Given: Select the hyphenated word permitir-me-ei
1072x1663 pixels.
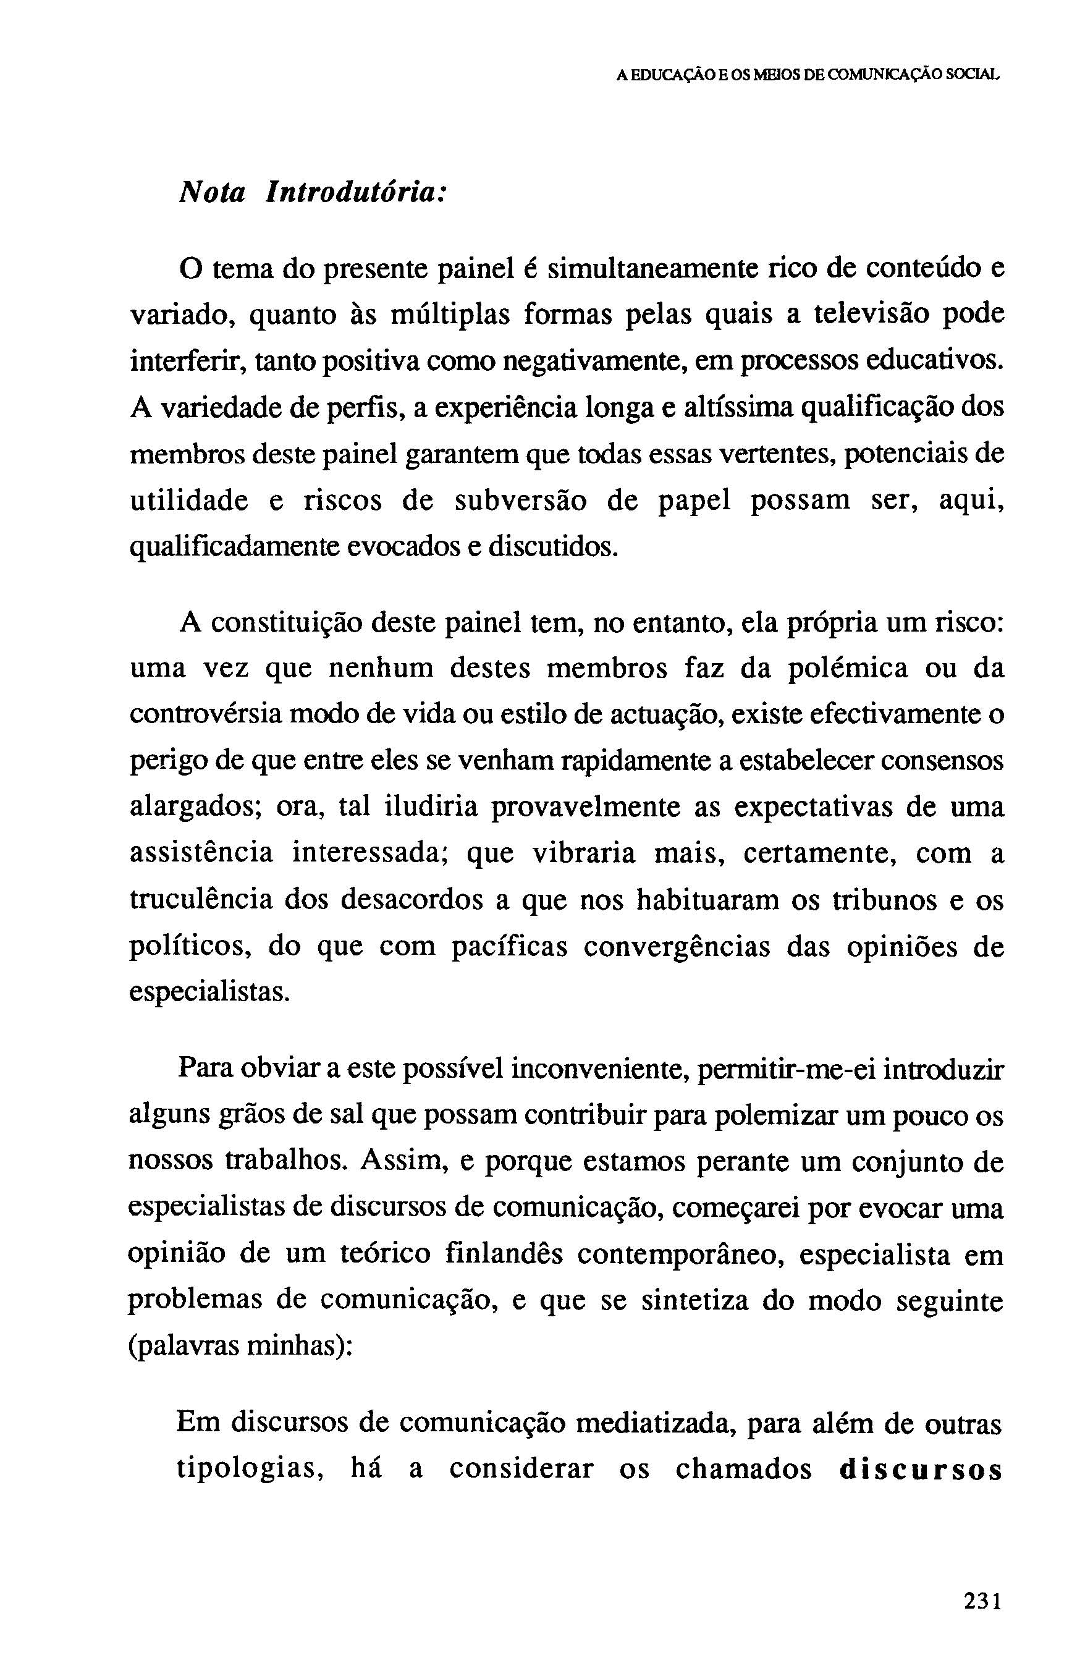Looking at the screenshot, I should [785, 1069].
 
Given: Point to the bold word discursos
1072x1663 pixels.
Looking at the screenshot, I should [920, 1470].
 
